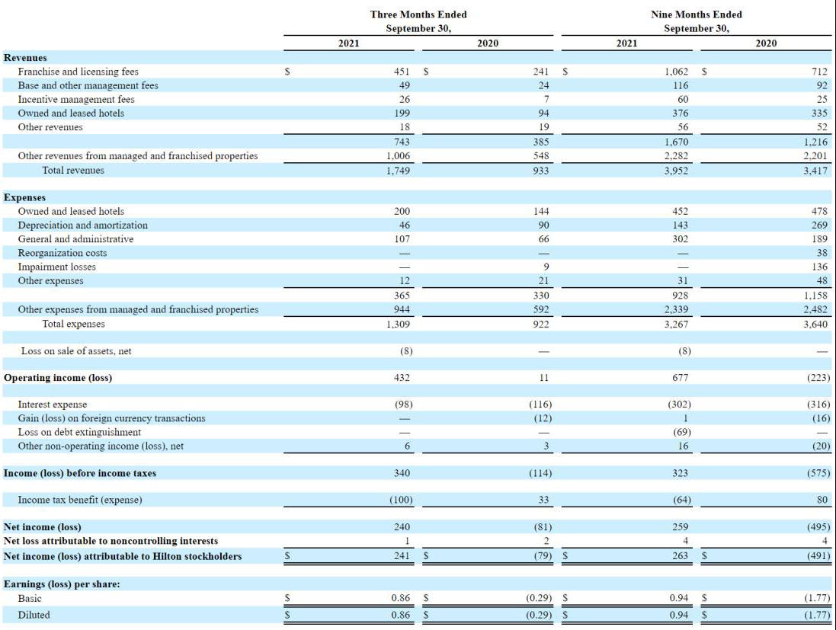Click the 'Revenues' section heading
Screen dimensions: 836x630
[25, 58]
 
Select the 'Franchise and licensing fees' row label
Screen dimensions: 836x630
[78, 72]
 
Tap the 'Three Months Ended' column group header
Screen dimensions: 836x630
[418, 14]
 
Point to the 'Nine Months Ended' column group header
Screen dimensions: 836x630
[697, 14]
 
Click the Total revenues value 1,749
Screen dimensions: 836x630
[399, 171]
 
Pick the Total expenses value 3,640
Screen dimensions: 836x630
[815, 324]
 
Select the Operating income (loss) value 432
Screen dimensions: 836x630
[402, 378]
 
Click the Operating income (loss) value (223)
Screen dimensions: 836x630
[818, 378]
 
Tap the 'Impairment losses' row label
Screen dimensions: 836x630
[56, 267]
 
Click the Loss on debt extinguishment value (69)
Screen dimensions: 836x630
[682, 432]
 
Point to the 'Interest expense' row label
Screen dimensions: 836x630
[53, 405]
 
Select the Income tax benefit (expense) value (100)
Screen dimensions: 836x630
[401, 500]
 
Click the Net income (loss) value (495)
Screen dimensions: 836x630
[818, 527]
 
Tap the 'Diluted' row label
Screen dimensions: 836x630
[34, 615]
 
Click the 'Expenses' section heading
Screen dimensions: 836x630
[24, 198]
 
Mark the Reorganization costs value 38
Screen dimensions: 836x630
[822, 253]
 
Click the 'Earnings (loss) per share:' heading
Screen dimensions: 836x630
[62, 584]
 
